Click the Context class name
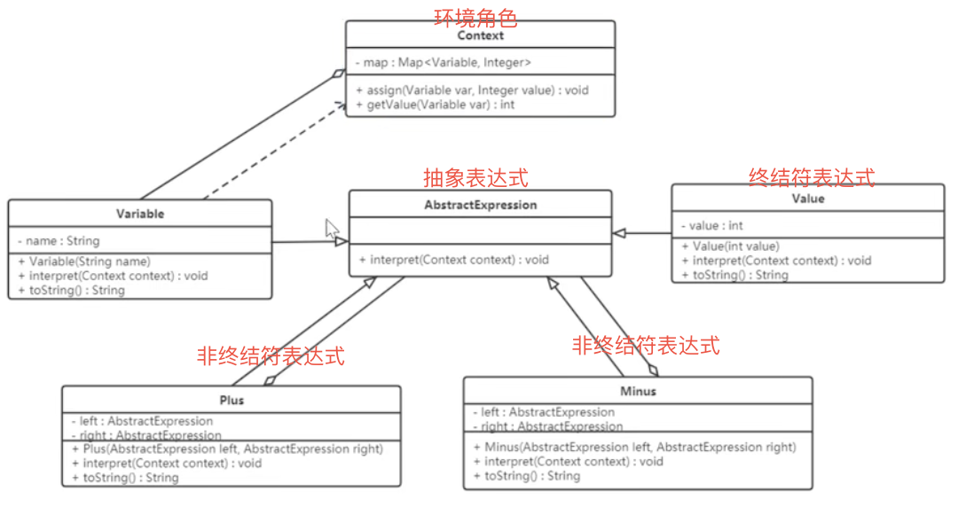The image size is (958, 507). click(x=480, y=35)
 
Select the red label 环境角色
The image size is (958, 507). click(x=475, y=17)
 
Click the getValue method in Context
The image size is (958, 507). click(x=435, y=105)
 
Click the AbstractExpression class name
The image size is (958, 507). click(x=480, y=205)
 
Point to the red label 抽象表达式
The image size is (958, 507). click(x=475, y=178)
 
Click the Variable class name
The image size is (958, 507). click(x=140, y=214)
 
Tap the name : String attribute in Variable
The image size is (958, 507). click(x=59, y=240)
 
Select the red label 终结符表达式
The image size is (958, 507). click(x=812, y=176)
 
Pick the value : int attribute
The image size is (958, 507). click(x=711, y=225)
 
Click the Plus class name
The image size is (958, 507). click(x=232, y=400)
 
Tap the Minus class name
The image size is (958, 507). click(x=638, y=391)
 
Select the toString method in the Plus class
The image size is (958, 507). click(x=125, y=478)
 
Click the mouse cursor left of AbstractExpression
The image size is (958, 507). click(x=332, y=229)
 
